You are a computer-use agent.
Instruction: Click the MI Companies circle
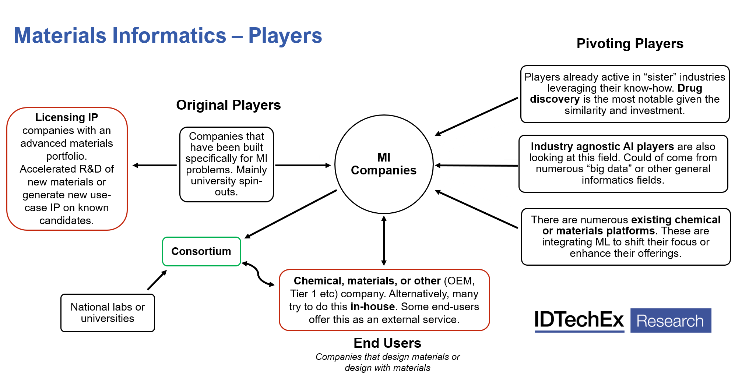pos(384,164)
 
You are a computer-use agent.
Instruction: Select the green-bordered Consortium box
pos(201,251)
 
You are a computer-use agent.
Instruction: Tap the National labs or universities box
pos(108,313)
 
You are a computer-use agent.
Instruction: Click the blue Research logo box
pos(671,320)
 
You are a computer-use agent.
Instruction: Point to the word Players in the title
pos(285,36)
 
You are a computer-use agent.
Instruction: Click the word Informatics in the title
pos(169,36)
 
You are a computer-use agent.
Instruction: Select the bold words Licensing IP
pos(67,117)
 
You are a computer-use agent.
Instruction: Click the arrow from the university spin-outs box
pos(300,164)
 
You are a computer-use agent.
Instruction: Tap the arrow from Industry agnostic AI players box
pos(481,164)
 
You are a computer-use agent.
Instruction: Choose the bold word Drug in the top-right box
pos(690,88)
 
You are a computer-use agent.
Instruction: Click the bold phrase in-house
pos(373,307)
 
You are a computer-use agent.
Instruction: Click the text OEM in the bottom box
pos(459,281)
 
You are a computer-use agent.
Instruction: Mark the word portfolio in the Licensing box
pos(66,156)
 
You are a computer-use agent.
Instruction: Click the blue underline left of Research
pos(579,332)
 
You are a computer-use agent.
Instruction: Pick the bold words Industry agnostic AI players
pos(602,146)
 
